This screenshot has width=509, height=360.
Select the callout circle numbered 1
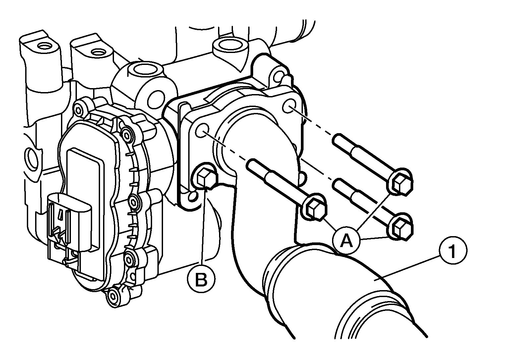(x=453, y=250)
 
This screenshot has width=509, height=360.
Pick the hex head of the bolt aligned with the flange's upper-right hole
(x=401, y=182)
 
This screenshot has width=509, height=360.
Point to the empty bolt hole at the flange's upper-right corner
(x=289, y=106)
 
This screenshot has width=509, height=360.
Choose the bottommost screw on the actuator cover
(x=113, y=295)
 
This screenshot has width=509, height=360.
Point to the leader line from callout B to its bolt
(x=203, y=227)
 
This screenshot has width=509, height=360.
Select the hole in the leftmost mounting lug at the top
(x=43, y=47)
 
